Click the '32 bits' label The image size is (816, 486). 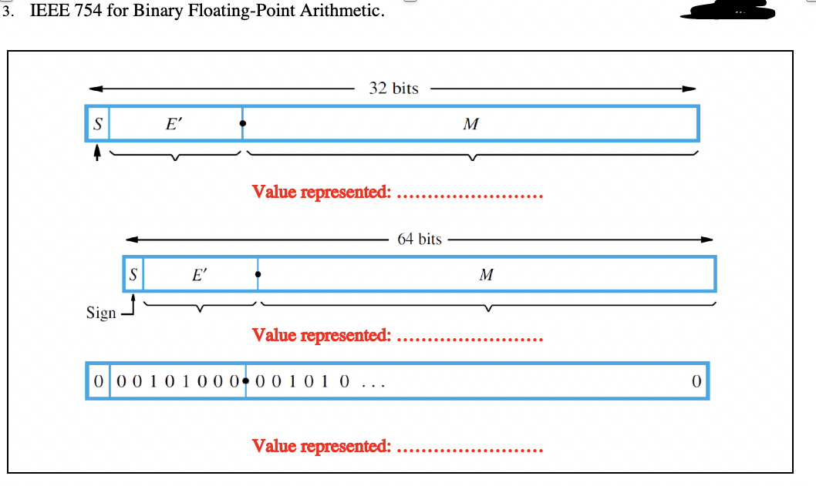393,89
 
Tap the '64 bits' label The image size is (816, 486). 420,239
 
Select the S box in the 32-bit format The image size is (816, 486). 97,123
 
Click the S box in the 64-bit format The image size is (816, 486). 133,273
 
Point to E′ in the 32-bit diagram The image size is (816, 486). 175,123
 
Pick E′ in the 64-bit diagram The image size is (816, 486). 199,273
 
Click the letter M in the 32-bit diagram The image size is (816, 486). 470,123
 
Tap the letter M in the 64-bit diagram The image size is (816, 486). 486,273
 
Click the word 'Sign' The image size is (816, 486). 101,313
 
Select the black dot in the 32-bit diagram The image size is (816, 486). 243,123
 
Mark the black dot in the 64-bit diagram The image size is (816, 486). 258,273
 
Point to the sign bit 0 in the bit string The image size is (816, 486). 97,381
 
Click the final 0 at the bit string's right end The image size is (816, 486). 696,381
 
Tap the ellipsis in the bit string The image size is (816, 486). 373,383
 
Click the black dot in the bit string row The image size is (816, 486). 245,381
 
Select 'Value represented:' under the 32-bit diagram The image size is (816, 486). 322,192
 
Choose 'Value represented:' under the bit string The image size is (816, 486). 322,446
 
